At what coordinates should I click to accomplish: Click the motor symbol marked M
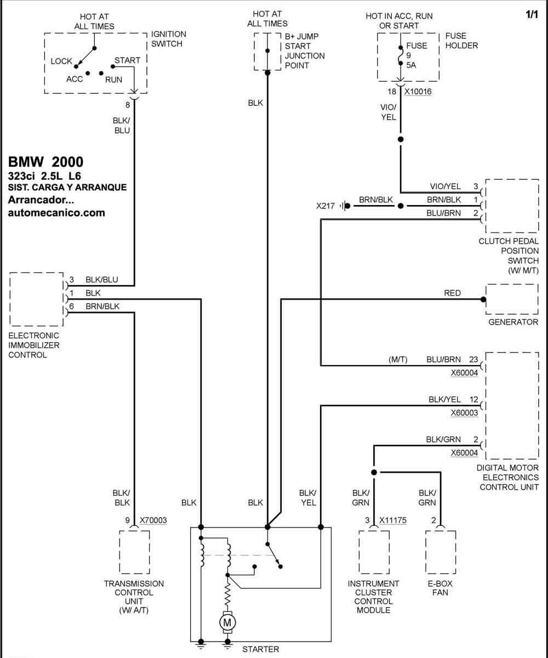(x=227, y=622)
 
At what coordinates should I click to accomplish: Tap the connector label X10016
(x=418, y=92)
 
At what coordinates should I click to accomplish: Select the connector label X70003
(x=153, y=520)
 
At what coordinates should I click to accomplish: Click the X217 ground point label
(x=326, y=206)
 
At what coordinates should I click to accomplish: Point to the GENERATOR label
(x=513, y=322)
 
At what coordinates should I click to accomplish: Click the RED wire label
(x=452, y=293)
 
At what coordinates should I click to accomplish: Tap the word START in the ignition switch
(x=127, y=60)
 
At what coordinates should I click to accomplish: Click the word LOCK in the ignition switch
(x=61, y=61)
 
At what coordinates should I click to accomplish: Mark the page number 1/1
(x=532, y=14)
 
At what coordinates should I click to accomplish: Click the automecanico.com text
(x=56, y=213)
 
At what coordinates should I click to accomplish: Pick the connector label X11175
(x=393, y=520)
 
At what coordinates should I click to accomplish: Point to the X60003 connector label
(x=464, y=413)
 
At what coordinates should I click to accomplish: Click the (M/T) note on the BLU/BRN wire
(x=398, y=360)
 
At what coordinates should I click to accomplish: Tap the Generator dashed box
(x=512, y=299)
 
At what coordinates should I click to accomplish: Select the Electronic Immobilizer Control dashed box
(x=36, y=299)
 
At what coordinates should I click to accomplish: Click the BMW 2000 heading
(x=45, y=162)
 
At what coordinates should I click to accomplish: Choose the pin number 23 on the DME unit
(x=473, y=360)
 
